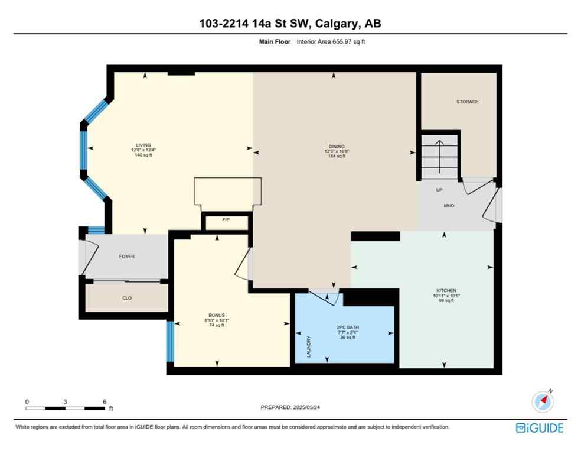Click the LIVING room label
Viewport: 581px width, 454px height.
point(143,145)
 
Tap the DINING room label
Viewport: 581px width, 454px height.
point(337,146)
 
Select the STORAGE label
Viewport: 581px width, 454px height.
point(467,102)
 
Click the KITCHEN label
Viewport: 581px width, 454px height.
point(446,290)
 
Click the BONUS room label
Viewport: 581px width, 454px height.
point(217,315)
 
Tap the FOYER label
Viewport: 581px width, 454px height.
point(127,257)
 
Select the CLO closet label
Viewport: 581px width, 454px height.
point(127,298)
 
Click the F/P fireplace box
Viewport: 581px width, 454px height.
point(226,219)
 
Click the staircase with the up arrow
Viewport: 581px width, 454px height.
point(440,155)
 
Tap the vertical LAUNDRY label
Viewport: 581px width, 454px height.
point(309,348)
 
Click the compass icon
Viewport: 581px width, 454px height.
point(542,402)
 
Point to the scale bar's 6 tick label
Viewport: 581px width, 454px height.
point(104,401)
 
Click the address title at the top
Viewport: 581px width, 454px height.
point(290,23)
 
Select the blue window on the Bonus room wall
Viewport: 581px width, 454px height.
point(170,341)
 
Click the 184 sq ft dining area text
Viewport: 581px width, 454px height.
point(337,156)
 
